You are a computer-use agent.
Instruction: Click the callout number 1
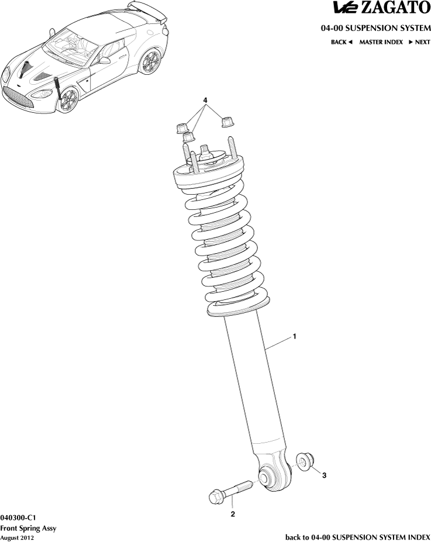point(295,337)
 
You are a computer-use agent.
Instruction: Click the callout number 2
point(233,515)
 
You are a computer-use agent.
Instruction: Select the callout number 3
point(325,475)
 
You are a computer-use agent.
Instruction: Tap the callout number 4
point(205,101)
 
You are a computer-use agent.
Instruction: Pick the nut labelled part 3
point(305,461)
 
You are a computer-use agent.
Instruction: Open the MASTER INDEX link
point(381,42)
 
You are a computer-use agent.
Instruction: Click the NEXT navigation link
point(419,42)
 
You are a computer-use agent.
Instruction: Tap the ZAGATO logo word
point(398,8)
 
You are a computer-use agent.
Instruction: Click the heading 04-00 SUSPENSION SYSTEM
point(375,28)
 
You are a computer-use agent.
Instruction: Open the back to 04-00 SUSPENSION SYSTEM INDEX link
point(357,537)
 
